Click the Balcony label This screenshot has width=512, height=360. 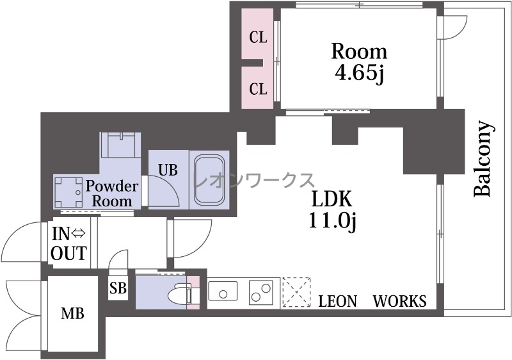(x=483, y=159)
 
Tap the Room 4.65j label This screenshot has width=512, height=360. (x=359, y=62)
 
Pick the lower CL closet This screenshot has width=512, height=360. (x=257, y=88)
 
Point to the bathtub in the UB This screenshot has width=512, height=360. (x=209, y=180)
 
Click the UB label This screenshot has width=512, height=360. (x=168, y=170)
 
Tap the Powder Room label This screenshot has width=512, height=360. (x=112, y=193)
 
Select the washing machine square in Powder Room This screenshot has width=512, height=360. (x=68, y=192)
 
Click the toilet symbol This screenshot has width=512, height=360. (x=180, y=293)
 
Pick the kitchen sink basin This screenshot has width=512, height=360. (x=223, y=291)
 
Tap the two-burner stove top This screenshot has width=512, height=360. (x=260, y=291)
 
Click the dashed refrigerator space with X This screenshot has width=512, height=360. (x=296, y=292)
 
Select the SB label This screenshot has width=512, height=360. (x=118, y=288)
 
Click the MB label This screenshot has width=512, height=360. (x=72, y=314)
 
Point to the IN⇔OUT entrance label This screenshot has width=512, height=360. (x=68, y=243)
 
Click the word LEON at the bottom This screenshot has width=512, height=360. (x=338, y=301)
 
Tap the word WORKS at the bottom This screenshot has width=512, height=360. (x=399, y=301)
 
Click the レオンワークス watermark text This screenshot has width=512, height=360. (x=254, y=181)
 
